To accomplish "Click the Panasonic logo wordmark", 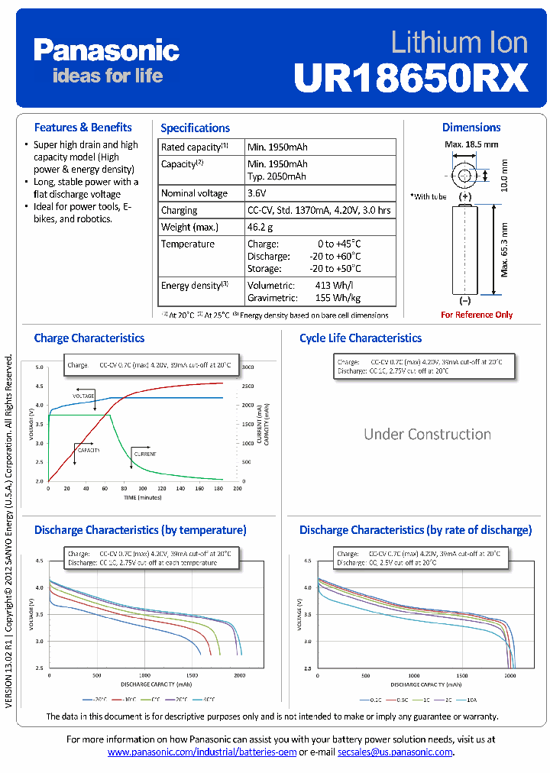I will click(x=106, y=51).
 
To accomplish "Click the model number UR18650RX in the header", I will click(x=411, y=77).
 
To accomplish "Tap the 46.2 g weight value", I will click(x=260, y=227).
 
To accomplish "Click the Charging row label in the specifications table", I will click(x=179, y=210).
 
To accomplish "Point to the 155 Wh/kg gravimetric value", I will click(x=338, y=298).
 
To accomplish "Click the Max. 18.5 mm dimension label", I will click(x=471, y=144).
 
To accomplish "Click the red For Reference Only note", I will click(x=477, y=315).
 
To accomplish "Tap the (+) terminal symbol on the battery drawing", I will click(x=465, y=197).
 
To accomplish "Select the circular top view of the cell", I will click(x=464, y=176).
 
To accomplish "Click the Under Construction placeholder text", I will click(x=427, y=434).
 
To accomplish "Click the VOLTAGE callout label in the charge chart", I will click(x=83, y=396).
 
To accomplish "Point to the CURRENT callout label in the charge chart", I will click(x=145, y=454).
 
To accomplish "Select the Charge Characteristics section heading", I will click(x=89, y=338).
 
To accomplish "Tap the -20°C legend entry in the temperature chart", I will click(x=95, y=699).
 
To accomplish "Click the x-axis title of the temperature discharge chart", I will click(x=143, y=684).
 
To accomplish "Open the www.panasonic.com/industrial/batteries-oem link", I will click(x=202, y=752).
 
